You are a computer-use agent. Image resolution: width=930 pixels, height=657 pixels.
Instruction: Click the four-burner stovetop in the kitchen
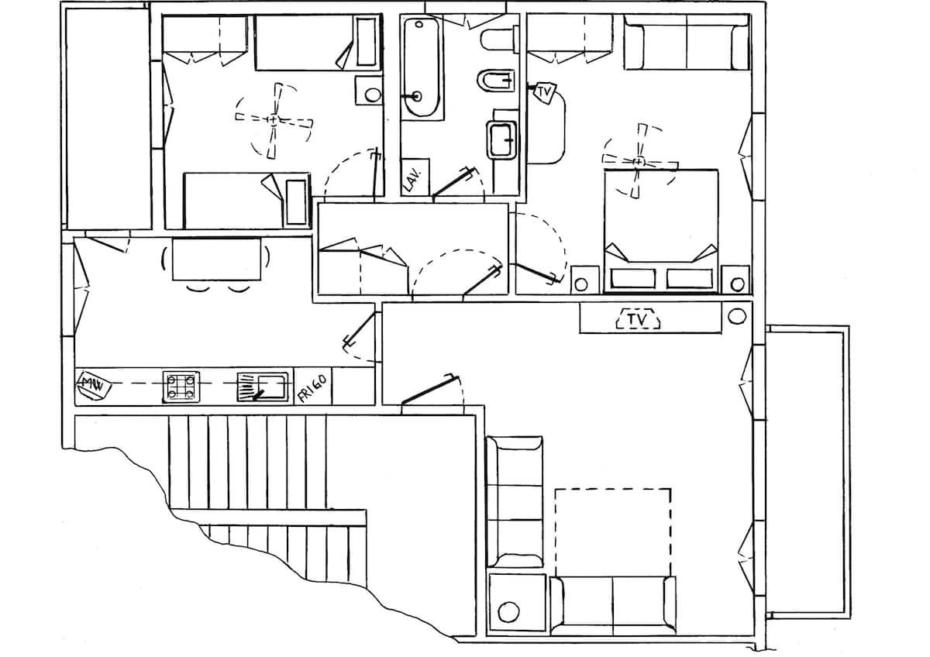181,387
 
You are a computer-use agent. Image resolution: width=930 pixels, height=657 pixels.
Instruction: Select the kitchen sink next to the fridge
263,387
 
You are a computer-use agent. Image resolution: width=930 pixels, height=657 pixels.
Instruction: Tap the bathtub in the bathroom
422,67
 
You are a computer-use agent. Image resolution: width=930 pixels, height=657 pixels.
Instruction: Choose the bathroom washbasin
503,140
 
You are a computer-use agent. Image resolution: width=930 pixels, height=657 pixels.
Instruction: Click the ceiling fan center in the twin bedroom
273,120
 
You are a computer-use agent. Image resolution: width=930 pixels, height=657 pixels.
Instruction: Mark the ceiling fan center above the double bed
639,161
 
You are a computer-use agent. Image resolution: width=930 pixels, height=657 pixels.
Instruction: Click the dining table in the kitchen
217,259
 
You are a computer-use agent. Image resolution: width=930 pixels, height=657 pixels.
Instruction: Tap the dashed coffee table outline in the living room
613,532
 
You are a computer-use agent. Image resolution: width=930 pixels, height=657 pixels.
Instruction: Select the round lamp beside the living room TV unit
737,316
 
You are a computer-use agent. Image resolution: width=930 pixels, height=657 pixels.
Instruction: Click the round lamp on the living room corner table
508,612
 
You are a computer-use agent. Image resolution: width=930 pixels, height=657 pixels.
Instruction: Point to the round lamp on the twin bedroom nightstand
373,95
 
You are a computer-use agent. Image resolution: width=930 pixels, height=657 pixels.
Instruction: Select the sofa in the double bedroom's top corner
687,42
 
